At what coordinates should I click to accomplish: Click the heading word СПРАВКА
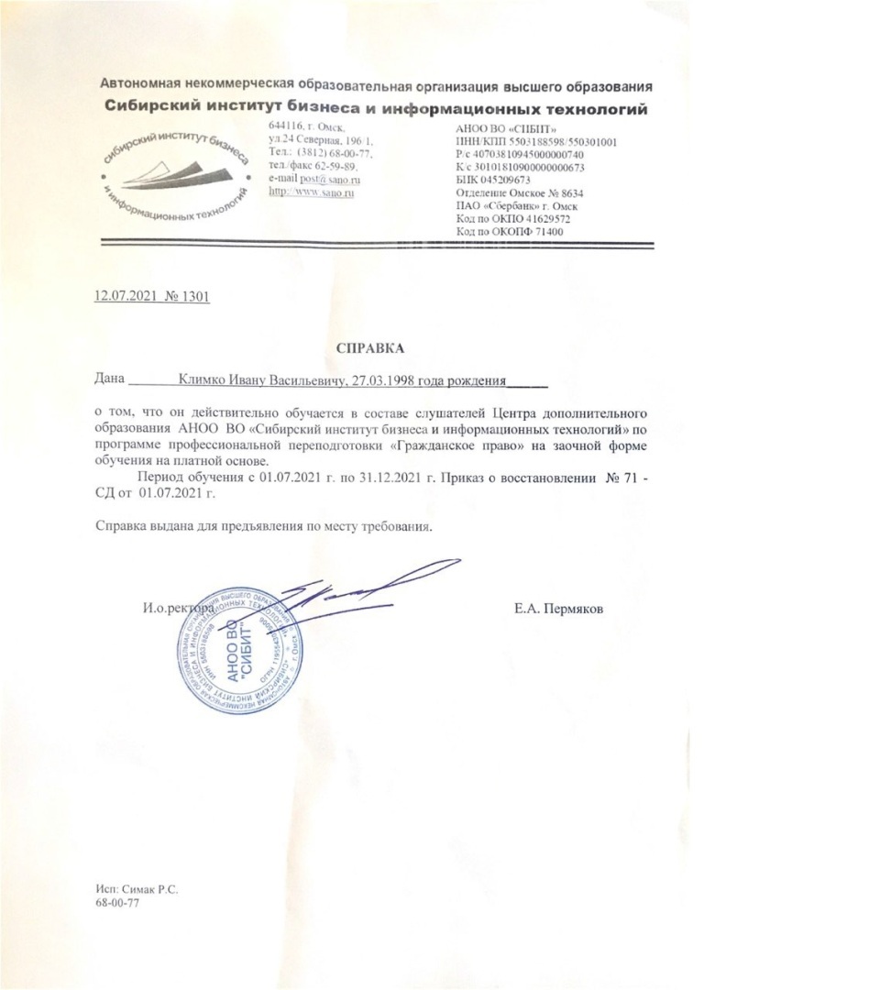pyautogui.click(x=370, y=347)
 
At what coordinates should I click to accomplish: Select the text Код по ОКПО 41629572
pyautogui.click(x=512, y=219)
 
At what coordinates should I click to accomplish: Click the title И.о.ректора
pyautogui.click(x=177, y=609)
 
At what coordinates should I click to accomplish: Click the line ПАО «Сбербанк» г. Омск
pyautogui.click(x=512, y=206)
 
